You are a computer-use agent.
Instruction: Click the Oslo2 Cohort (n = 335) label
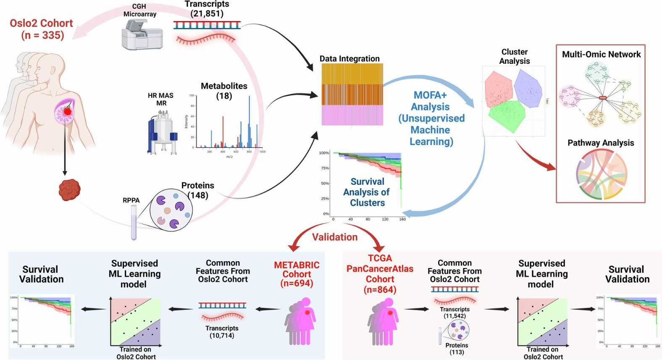pos(42,29)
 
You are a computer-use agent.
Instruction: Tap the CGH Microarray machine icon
pos(142,35)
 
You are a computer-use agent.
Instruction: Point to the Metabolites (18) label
pos(224,91)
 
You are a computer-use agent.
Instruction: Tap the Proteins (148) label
pos(198,190)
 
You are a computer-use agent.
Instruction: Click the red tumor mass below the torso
pos(69,190)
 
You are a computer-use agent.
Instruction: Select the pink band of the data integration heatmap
pos(352,115)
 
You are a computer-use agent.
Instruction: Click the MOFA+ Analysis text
pos(431,118)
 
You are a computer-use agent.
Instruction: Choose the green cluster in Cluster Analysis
pos(507,115)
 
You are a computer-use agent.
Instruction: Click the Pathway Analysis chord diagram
pos(601,174)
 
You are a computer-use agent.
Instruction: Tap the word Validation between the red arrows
pos(335,237)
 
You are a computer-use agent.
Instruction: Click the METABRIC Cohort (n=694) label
pos(297,274)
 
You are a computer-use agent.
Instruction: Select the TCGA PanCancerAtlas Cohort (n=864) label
pos(380,273)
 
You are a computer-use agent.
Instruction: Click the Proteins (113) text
pos(457,349)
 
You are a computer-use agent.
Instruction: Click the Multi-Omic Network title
pos(601,54)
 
